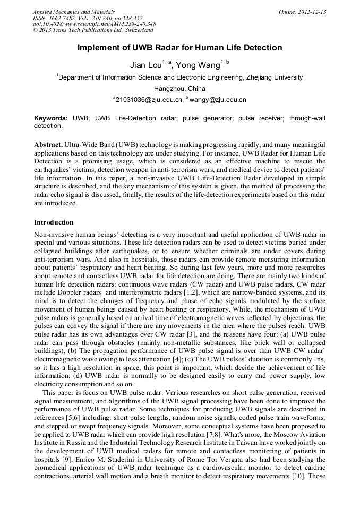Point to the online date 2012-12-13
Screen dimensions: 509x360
(x=314, y=12)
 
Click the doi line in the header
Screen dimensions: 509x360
(x=94, y=24)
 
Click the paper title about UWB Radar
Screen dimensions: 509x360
(x=179, y=48)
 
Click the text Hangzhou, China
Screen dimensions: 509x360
(x=179, y=89)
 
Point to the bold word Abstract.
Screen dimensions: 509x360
(x=48, y=145)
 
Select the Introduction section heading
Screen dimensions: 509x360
(x=54, y=222)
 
